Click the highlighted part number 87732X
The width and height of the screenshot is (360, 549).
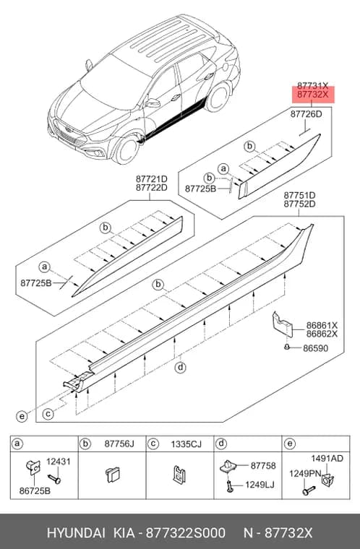coord(312,95)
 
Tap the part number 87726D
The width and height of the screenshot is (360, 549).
coord(306,114)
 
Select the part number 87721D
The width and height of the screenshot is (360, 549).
coord(151,179)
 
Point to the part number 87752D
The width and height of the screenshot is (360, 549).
coord(299,204)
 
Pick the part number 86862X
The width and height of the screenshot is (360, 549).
coord(322,334)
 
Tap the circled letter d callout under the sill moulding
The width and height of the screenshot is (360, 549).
coord(180,368)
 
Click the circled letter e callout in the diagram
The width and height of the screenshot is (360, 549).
coord(22,416)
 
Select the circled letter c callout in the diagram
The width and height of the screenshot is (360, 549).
coord(48,414)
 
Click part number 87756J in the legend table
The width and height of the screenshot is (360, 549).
coord(119,444)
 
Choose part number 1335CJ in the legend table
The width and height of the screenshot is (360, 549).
coord(186,444)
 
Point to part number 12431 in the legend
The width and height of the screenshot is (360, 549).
coord(59,462)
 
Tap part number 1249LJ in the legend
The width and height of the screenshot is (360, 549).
coord(260,485)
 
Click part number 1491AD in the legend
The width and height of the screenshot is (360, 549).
coord(327,458)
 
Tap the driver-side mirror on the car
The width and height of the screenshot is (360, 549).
coord(153,103)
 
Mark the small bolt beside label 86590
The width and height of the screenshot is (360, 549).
coord(287,347)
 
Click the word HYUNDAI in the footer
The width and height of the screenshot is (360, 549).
coord(76,533)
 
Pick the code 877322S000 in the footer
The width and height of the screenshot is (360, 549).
coord(186,533)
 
